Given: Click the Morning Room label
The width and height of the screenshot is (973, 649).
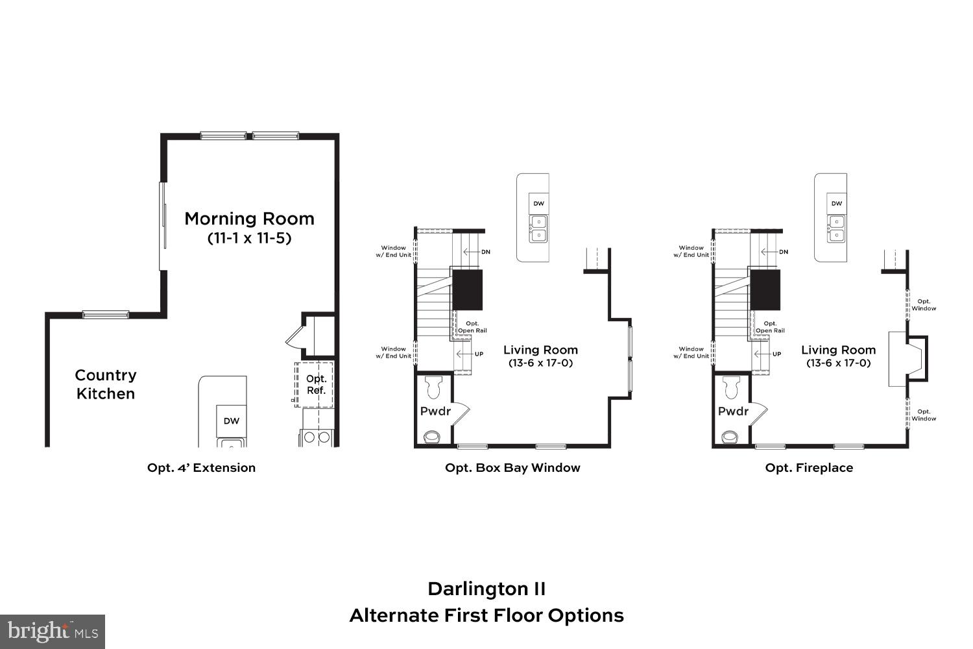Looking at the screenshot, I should [249, 219].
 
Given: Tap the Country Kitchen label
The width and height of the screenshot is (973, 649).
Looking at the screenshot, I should [105, 384].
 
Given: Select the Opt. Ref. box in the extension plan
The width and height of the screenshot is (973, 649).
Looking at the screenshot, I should [315, 384].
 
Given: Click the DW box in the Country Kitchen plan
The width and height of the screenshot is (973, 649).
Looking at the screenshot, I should [232, 421].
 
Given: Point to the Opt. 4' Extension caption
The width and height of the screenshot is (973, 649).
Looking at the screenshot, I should [201, 467].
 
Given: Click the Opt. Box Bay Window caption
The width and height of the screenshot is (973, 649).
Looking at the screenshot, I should [512, 467].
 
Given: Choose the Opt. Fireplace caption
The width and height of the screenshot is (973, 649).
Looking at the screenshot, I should [809, 467].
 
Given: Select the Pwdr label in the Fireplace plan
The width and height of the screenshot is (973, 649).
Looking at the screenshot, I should [733, 411].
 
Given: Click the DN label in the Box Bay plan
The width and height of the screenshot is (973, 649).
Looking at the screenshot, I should [485, 252].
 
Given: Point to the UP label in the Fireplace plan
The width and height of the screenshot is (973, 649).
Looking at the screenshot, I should [776, 354].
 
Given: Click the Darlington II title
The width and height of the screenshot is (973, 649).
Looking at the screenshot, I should [486, 589].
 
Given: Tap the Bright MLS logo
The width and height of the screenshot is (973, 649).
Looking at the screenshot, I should [53, 631].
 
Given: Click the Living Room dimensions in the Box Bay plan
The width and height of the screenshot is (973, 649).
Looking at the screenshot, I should [540, 363].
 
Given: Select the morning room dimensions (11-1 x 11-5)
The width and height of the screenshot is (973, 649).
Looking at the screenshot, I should [249, 238].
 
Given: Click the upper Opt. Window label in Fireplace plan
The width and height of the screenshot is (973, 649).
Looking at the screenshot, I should [924, 305].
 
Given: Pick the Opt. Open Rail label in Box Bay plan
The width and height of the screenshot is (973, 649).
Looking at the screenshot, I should [472, 327].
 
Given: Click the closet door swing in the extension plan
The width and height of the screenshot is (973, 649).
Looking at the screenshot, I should [294, 337].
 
